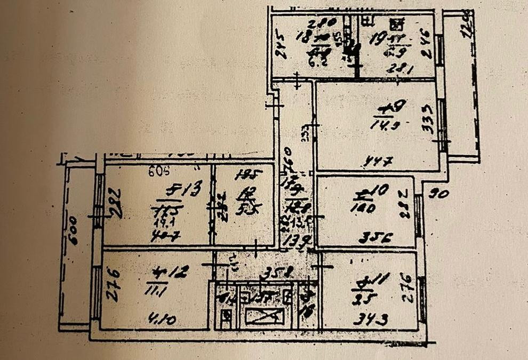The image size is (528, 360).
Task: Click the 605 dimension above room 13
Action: pos(156,171)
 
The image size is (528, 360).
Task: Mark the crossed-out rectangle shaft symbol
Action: pos(265,316)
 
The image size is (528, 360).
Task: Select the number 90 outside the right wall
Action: pos(439,194)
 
